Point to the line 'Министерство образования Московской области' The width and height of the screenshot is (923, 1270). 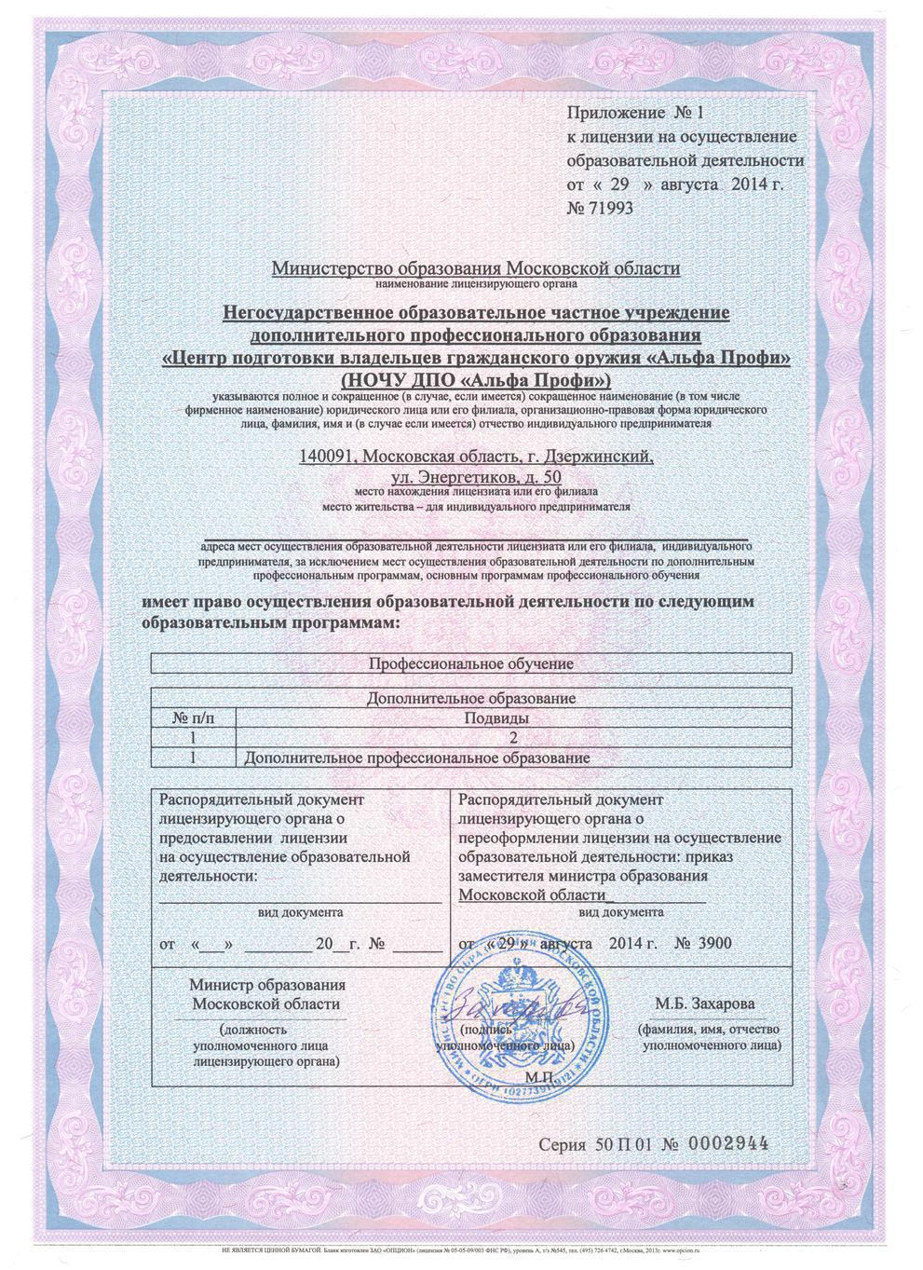click(476, 268)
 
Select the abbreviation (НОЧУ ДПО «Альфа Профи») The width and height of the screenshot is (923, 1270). click(476, 380)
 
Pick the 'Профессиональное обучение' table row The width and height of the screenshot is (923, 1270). click(469, 663)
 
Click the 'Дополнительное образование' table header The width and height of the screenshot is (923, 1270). click(469, 698)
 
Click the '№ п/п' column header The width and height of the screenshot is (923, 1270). click(193, 718)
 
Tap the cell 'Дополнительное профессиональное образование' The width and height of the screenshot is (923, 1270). click(417, 758)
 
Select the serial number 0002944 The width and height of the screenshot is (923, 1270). click(725, 1144)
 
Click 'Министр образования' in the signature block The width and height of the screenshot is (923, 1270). click(267, 985)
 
